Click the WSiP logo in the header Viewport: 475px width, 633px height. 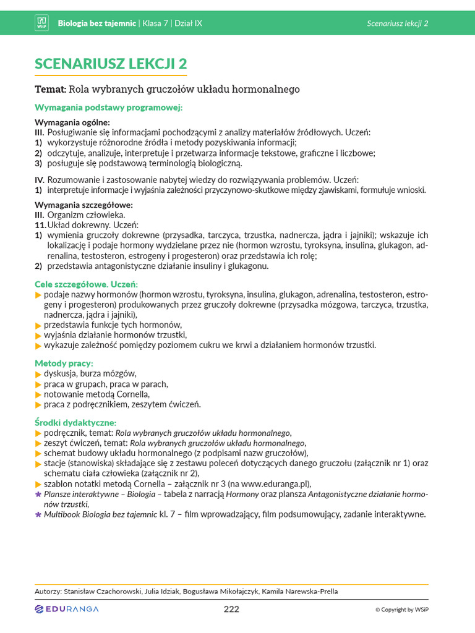pyautogui.click(x=42, y=23)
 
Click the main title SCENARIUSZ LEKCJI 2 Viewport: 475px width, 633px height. pyautogui.click(x=111, y=64)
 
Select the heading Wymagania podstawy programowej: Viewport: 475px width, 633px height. pyautogui.click(x=109, y=108)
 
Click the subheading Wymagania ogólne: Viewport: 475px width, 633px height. pyautogui.click(x=72, y=122)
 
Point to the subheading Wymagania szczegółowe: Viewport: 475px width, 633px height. pyautogui.click(x=83, y=205)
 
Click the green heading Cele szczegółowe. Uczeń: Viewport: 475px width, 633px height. pyautogui.click(x=86, y=284)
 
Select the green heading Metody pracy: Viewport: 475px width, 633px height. pyautogui.click(x=64, y=363)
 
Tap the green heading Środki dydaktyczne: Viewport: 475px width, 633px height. pyautogui.click(x=75, y=422)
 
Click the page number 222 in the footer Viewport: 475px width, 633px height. pyautogui.click(x=231, y=610)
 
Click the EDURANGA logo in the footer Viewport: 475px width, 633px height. pyautogui.click(x=67, y=610)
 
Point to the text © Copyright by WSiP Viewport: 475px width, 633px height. pyautogui.click(x=401, y=610)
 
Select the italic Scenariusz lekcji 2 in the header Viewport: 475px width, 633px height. pyautogui.click(x=397, y=23)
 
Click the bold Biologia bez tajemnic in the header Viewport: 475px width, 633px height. pyautogui.click(x=96, y=23)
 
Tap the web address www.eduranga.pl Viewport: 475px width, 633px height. pyautogui.click(x=276, y=484)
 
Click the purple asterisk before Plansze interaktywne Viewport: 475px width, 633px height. pyautogui.click(x=38, y=495)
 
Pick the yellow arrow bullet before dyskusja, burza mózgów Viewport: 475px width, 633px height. pyautogui.click(x=38, y=374)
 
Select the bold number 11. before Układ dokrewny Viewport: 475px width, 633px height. pyautogui.click(x=40, y=225)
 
